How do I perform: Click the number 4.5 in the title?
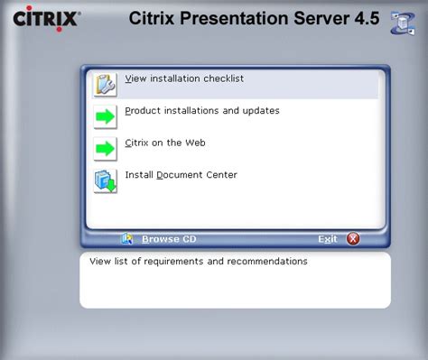pos(367,18)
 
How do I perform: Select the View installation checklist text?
pos(184,78)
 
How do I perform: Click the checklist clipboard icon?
pos(105,84)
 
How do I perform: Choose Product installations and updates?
pos(202,111)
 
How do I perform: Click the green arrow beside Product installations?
pos(105,116)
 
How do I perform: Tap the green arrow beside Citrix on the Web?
pos(105,148)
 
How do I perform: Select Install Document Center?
pos(181,175)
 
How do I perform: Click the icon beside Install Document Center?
pos(105,180)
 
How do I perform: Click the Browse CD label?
pos(169,239)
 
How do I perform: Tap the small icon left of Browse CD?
pos(127,239)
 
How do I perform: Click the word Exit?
pos(328,239)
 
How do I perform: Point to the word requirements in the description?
pos(169,262)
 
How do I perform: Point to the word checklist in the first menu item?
pos(221,78)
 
